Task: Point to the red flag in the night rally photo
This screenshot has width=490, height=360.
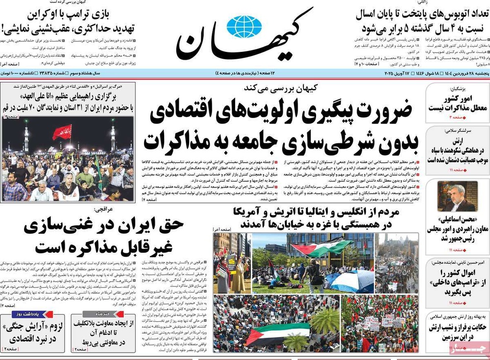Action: coord(62,131)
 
